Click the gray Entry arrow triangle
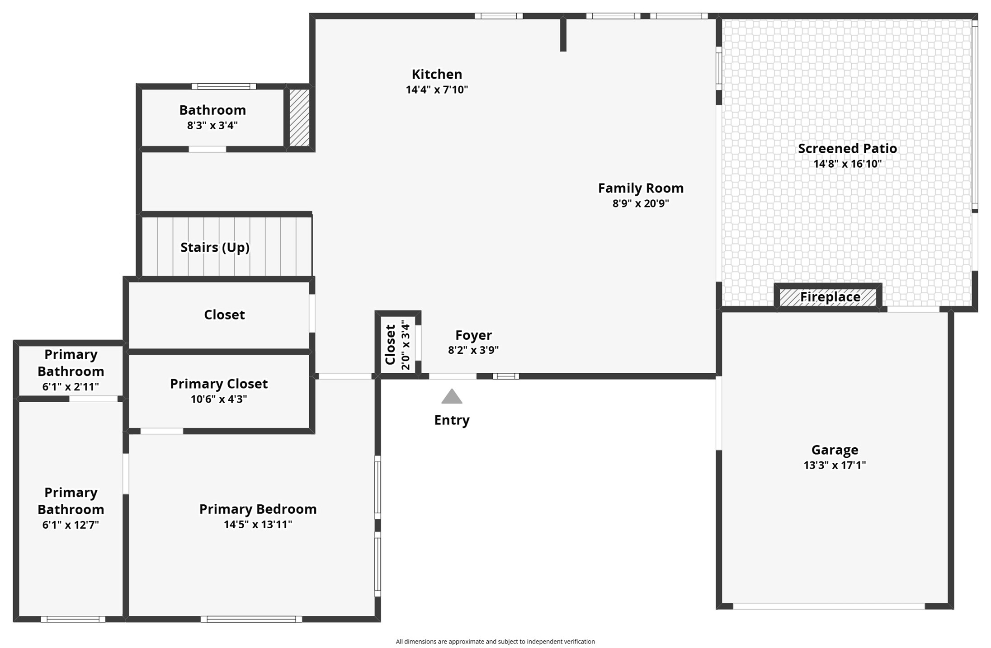(x=452, y=397)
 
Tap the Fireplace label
(x=830, y=297)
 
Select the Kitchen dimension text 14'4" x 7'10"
(x=437, y=89)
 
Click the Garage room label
(x=835, y=450)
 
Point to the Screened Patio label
(x=847, y=148)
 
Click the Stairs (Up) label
(x=215, y=247)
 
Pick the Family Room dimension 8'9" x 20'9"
(x=640, y=203)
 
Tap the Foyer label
(x=473, y=335)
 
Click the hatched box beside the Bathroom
(x=299, y=117)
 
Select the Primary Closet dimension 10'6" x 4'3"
(x=219, y=399)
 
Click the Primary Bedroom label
(x=258, y=509)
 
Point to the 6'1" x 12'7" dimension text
(x=71, y=525)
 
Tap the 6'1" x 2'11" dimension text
(x=71, y=387)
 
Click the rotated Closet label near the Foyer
(x=390, y=344)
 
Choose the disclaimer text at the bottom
(x=495, y=641)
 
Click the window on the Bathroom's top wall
(x=223, y=86)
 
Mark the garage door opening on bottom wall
(x=828, y=606)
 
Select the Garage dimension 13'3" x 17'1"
(x=835, y=465)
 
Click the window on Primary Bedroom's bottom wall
(x=251, y=619)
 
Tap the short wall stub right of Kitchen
(x=563, y=34)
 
